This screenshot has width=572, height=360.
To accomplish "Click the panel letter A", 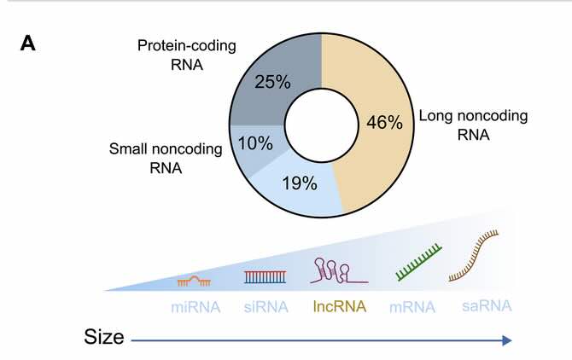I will pos(28,44).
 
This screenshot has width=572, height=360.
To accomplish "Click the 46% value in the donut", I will pos(384,122).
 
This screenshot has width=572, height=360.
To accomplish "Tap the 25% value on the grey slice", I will pos(273,82).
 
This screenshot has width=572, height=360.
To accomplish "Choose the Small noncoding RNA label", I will pos(166,158).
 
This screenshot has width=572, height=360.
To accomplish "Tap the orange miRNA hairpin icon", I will pos(195,278).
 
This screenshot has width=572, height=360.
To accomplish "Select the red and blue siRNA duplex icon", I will pos(263,276).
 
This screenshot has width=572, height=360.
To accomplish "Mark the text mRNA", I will pos(412,306).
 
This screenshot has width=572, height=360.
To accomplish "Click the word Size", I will pos(103,338).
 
